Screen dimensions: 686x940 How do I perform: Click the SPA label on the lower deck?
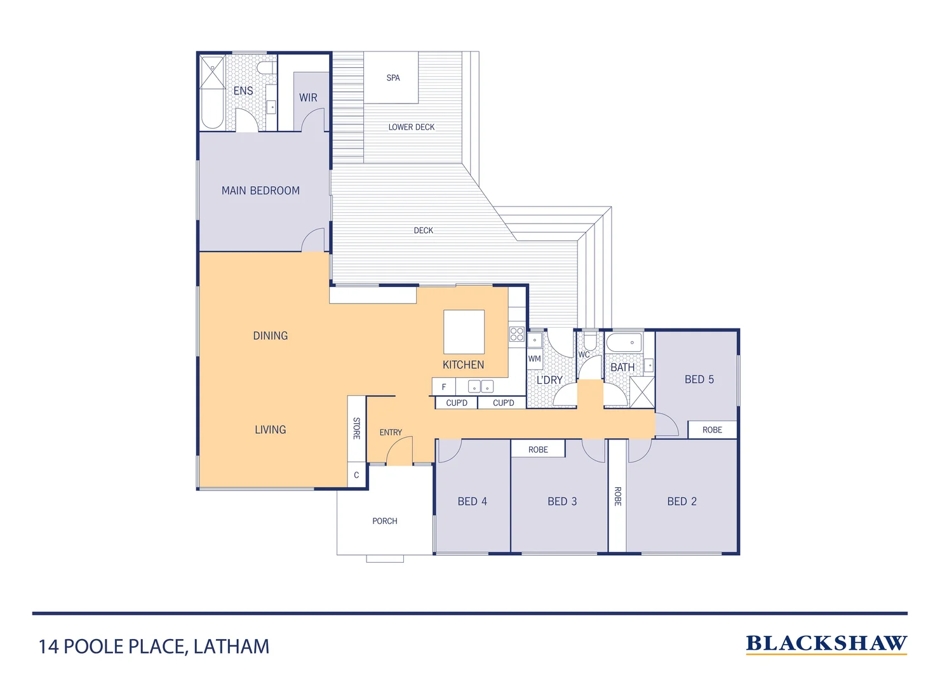(393, 77)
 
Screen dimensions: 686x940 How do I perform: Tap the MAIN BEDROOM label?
(260, 191)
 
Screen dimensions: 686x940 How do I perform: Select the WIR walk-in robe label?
(308, 98)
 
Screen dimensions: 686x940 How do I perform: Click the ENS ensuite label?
(243, 91)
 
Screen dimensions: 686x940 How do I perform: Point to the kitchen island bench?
(464, 332)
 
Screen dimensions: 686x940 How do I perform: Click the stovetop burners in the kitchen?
(517, 334)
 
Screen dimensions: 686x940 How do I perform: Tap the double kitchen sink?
(480, 386)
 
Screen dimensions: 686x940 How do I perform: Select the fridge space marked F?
(444, 387)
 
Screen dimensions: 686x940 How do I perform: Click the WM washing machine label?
(535, 359)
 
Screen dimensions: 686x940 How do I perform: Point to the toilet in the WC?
(590, 340)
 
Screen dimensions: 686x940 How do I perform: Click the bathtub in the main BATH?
(624, 343)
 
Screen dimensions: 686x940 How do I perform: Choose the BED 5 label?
(699, 379)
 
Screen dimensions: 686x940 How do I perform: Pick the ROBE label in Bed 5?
(712, 430)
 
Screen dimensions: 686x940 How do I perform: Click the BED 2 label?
(681, 501)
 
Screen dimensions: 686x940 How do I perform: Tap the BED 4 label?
(472, 501)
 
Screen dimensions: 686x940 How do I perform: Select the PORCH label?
(385, 521)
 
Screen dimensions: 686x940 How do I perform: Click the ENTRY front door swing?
(399, 450)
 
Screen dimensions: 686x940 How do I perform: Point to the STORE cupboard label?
(356, 428)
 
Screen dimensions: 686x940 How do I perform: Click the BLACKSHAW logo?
(826, 643)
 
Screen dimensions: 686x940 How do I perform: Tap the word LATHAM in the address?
(231, 647)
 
